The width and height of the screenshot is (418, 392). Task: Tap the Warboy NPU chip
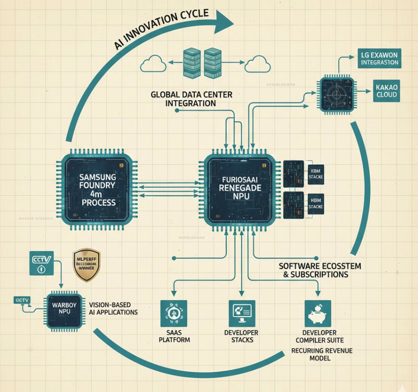(x=64, y=309)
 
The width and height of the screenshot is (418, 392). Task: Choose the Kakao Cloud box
(x=387, y=91)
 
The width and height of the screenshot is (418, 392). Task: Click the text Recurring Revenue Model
(x=322, y=354)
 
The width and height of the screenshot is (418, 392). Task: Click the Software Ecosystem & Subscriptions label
(x=320, y=270)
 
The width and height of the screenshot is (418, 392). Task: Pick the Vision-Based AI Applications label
(x=113, y=309)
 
